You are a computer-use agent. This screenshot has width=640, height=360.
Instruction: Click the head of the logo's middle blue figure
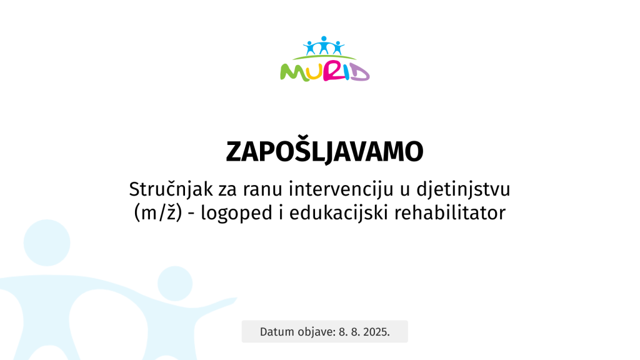(324, 39)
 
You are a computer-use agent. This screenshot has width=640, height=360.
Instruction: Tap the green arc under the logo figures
(324, 56)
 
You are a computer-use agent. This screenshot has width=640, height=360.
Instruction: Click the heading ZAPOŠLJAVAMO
(324, 151)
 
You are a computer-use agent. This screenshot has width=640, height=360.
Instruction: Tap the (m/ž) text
(158, 213)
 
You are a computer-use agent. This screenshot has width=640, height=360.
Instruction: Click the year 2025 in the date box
(376, 332)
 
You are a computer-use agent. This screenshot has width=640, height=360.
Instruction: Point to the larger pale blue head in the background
(47, 243)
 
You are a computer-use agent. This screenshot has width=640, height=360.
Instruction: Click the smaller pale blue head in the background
(175, 284)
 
